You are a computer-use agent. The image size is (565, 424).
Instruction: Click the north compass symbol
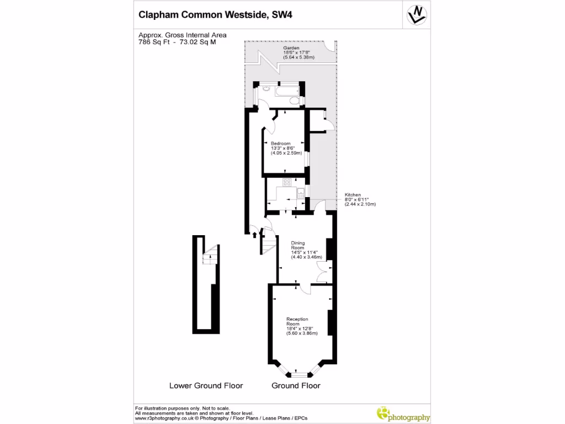tap(417, 15)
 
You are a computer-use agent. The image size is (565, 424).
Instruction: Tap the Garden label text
tap(291, 47)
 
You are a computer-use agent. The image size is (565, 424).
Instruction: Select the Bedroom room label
tap(280, 144)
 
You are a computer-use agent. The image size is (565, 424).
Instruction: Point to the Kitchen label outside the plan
tap(353, 195)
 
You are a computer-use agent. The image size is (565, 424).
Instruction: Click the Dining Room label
tap(297, 245)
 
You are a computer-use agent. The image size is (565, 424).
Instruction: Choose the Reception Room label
tap(297, 321)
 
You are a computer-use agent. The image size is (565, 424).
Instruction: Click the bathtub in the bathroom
tap(287, 91)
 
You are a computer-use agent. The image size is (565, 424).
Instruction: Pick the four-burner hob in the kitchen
tap(287, 182)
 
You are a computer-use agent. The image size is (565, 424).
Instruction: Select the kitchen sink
tap(301, 194)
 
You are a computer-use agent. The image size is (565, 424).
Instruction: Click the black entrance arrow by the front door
tap(254, 235)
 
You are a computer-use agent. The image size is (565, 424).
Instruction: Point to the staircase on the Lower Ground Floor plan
tap(210, 255)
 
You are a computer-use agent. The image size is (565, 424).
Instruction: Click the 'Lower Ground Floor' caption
tap(206, 385)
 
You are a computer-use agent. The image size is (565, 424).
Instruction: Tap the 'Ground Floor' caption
tap(296, 385)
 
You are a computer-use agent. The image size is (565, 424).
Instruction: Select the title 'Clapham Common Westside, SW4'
tap(216, 15)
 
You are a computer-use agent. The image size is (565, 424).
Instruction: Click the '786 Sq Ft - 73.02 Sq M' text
tap(177, 42)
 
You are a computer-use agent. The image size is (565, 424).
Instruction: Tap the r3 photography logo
tap(403, 414)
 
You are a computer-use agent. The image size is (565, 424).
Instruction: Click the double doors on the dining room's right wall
tap(324, 271)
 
